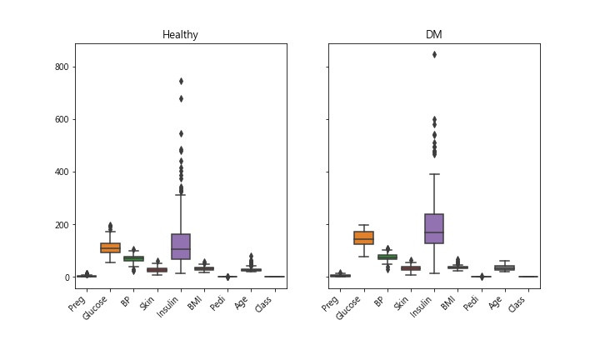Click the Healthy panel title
[181, 35]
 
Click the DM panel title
[433, 35]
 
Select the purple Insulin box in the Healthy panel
[181, 247]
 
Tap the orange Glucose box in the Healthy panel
[110, 247]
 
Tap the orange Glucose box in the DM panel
[363, 238]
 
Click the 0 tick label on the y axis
[65, 277]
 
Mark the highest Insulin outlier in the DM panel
[433, 54]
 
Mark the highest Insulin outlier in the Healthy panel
[181, 81]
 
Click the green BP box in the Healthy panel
[134, 258]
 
